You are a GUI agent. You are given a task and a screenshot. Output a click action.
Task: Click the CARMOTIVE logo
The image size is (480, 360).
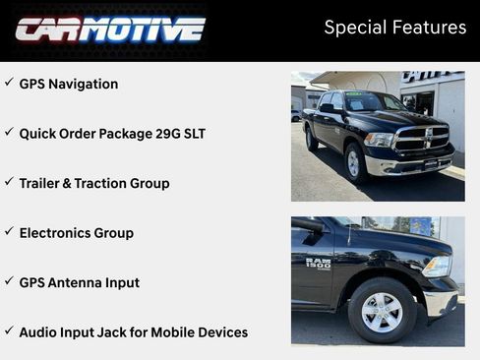(109, 29)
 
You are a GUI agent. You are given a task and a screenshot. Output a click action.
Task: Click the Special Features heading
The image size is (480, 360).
(394, 28)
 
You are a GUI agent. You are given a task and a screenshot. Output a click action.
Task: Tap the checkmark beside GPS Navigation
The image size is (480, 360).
(9, 83)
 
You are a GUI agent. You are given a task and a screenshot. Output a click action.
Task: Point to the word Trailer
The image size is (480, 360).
(42, 184)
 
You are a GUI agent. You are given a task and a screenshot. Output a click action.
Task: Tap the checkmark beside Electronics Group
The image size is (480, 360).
(9, 231)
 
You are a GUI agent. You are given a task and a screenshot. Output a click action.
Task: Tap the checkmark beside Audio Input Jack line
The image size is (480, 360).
(9, 330)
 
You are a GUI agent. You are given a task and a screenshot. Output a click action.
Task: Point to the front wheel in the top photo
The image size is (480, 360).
(355, 163)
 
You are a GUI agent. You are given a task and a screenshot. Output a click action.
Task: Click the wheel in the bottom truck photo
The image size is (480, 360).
(383, 311)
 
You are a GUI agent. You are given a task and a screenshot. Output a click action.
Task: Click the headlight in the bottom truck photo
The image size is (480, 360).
(438, 267)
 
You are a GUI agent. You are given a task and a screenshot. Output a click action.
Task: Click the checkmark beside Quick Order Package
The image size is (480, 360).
(9, 132)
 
